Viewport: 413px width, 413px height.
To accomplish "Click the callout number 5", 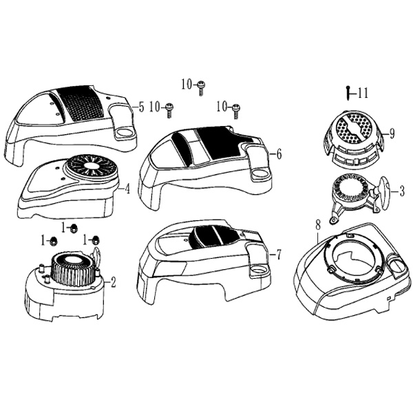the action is click(141, 107).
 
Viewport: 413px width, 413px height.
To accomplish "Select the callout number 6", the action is click(279, 153).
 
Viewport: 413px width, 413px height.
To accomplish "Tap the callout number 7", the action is click(278, 255).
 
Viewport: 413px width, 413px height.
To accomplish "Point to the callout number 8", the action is click(318, 225).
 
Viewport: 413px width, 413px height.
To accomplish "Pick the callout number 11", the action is click(363, 93).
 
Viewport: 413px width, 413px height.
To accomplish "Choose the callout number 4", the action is click(127, 189).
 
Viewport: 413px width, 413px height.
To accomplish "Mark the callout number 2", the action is click(113, 283).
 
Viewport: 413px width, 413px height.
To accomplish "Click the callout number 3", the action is click(401, 191).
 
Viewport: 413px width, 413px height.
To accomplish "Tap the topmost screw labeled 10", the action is click(202, 88).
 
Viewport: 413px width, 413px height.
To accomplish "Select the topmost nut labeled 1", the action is click(73, 229).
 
